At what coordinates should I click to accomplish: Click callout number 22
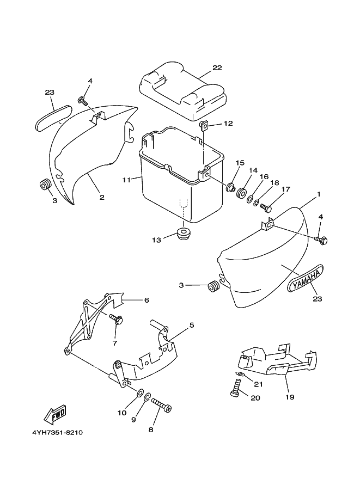click(217, 68)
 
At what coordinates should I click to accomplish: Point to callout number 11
click(127, 179)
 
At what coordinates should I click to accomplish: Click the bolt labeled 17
click(265, 207)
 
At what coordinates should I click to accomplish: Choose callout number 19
click(290, 397)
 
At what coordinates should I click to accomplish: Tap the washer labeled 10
click(140, 392)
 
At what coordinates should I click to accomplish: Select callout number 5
click(192, 326)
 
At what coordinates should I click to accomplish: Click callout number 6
click(146, 300)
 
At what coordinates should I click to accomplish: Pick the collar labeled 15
click(231, 189)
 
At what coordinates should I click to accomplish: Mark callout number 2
click(102, 198)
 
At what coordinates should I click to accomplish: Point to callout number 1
click(319, 194)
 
